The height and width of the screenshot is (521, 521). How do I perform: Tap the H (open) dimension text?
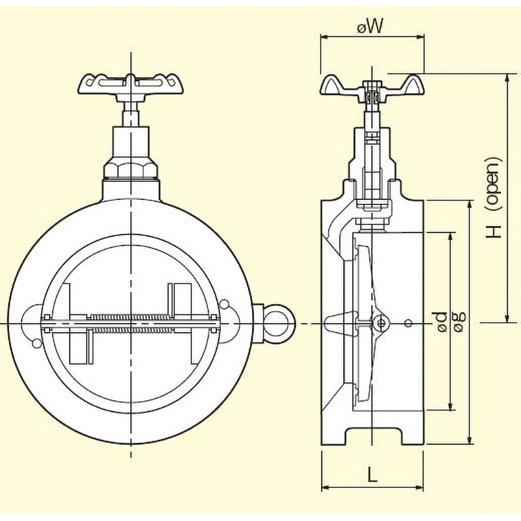(493, 197)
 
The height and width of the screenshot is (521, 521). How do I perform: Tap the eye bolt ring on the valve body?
(279, 324)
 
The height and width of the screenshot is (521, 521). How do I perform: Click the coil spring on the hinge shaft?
(132, 323)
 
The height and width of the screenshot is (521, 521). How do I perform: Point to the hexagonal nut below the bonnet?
(131, 170)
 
